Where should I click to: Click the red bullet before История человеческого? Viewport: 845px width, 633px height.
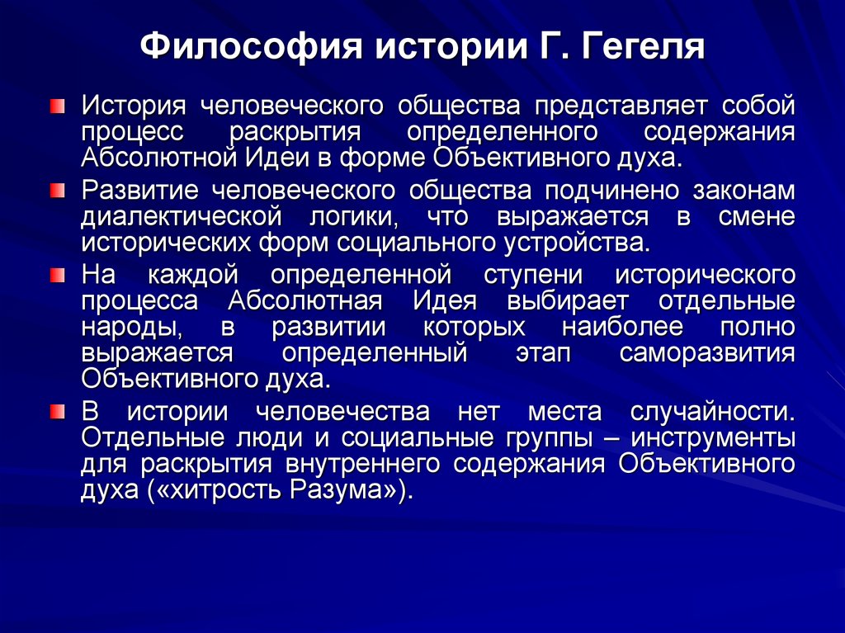coord(55,106)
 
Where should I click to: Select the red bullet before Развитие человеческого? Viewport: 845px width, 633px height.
coord(55,192)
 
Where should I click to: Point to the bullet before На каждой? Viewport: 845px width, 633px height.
coord(55,274)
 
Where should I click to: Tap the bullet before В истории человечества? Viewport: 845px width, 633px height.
coord(55,410)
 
